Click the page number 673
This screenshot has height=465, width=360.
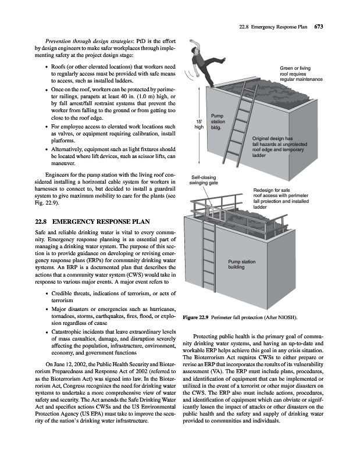click(x=319, y=26)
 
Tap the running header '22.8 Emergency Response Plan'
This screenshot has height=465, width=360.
click(x=275, y=26)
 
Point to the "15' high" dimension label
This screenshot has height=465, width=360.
click(x=198, y=125)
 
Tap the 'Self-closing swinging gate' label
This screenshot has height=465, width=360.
click(x=203, y=180)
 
